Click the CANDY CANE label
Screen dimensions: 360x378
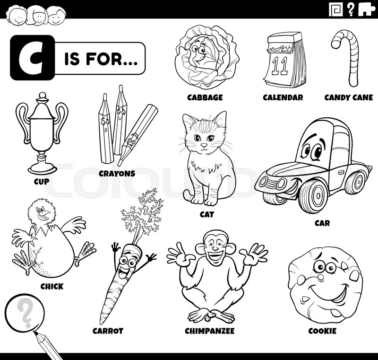click(349, 97)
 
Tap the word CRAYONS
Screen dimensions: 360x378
click(117, 174)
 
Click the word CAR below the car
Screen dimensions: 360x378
click(322, 222)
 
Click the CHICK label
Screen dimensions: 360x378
click(52, 286)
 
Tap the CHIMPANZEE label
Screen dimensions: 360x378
click(209, 331)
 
